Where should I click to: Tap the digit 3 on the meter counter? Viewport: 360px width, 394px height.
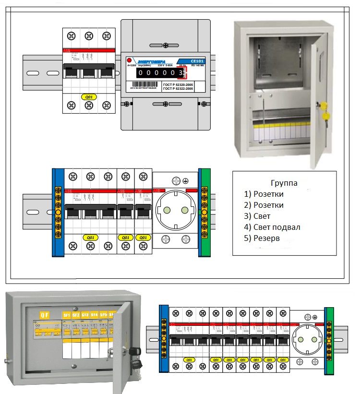pyautogui.click(x=180, y=73)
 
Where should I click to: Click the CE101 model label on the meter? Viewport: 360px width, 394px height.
pyautogui.click(x=197, y=61)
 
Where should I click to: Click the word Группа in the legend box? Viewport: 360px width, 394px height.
pyautogui.click(x=284, y=183)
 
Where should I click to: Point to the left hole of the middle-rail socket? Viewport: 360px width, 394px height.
pyautogui.click(x=168, y=210)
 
